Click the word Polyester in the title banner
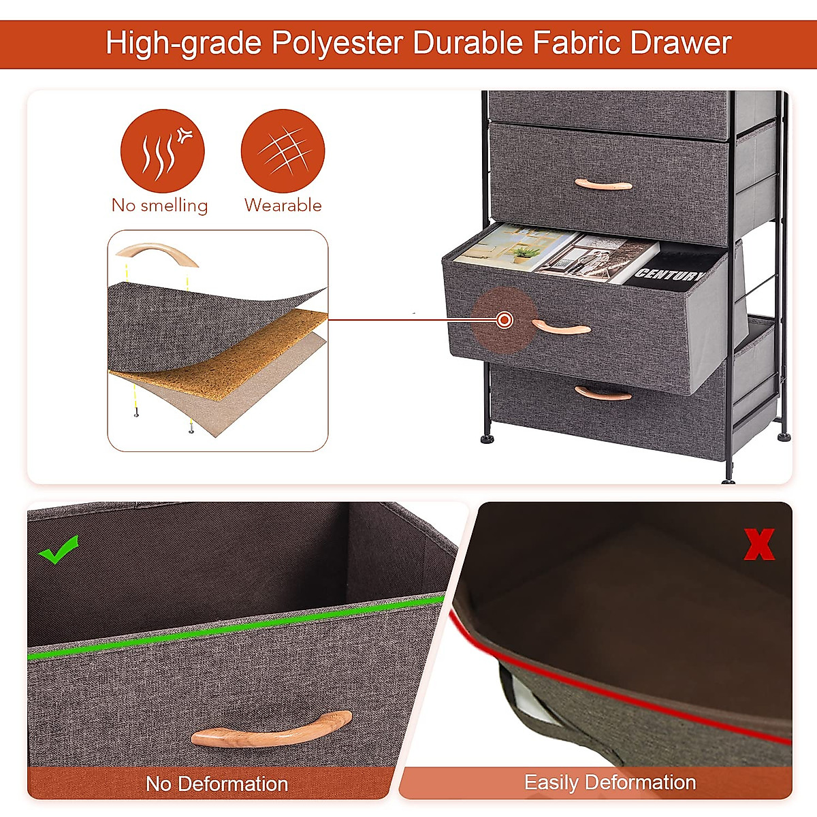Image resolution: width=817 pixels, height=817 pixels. [x=337, y=44]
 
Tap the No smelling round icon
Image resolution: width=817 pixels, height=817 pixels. [x=162, y=150]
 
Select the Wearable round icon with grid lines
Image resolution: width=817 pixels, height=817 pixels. [x=283, y=150]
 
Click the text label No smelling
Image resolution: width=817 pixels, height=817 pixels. [x=159, y=205]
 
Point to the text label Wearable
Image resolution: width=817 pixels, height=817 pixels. [x=283, y=205]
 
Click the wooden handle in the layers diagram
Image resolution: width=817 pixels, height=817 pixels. [x=157, y=255]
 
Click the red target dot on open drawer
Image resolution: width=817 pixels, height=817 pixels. [x=504, y=319]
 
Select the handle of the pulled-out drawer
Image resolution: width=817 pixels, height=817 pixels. [x=561, y=328]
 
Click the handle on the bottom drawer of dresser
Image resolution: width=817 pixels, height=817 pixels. [x=603, y=394]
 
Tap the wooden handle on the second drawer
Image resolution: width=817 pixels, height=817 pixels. [x=603, y=185]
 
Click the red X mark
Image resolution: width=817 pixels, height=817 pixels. [x=758, y=545]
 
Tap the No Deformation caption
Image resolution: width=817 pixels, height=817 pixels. [x=217, y=784]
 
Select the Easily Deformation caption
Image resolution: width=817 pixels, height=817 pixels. [x=609, y=782]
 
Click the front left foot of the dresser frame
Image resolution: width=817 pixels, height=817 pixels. [x=487, y=437]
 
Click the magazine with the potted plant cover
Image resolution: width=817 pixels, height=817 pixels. [x=514, y=249]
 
